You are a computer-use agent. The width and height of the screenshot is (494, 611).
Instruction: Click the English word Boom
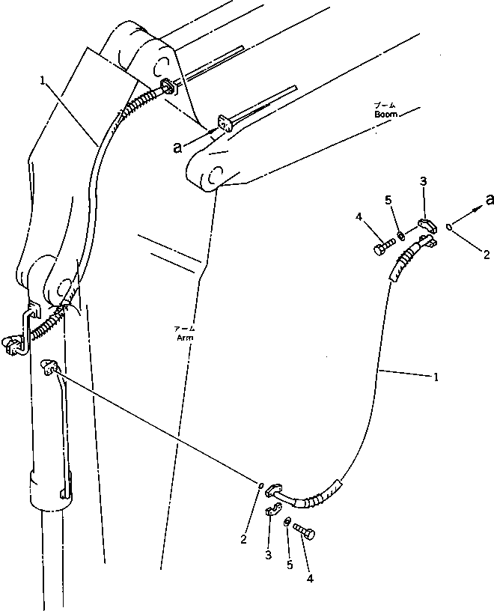click(x=387, y=115)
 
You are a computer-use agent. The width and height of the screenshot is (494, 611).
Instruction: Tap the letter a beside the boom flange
click(x=177, y=148)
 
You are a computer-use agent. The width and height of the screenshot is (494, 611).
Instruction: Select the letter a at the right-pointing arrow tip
click(x=490, y=199)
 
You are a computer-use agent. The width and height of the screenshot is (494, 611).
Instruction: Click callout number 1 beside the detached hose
click(x=436, y=377)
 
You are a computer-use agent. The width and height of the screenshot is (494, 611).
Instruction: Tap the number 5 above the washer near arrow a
click(x=388, y=200)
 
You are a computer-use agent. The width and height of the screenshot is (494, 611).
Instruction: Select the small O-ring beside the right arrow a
click(x=448, y=228)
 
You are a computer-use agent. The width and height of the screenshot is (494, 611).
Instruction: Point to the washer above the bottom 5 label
click(x=287, y=521)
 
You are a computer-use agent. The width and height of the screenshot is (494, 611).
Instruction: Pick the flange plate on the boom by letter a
click(x=223, y=123)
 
